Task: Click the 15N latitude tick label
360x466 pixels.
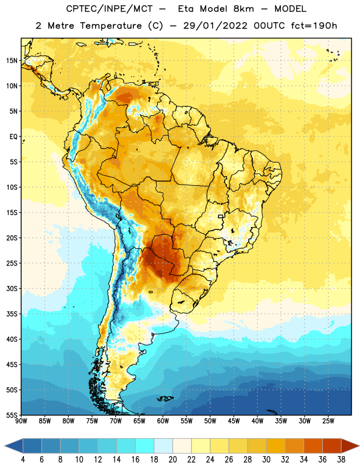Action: click(x=12, y=61)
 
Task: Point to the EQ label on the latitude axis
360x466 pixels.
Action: click(x=13, y=137)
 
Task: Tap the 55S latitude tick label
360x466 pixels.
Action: click(x=12, y=415)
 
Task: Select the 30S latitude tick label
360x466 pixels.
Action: click(x=12, y=288)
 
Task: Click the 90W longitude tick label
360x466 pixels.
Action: click(x=22, y=421)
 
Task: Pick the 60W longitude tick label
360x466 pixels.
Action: click(x=163, y=421)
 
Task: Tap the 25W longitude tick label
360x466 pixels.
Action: click(x=328, y=421)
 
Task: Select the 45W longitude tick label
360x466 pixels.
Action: click(x=234, y=421)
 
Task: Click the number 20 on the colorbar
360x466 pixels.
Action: click(x=172, y=460)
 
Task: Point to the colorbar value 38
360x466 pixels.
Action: click(x=341, y=460)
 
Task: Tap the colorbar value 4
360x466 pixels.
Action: click(x=23, y=460)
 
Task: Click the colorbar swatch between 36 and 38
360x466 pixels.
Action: click(x=332, y=446)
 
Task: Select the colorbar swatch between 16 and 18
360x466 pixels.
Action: click(x=145, y=446)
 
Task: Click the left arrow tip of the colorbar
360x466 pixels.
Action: click(x=5, y=446)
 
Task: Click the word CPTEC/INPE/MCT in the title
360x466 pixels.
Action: click(x=109, y=9)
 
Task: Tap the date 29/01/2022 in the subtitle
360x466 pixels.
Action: click(x=215, y=26)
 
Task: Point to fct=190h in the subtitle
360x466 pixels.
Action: click(x=314, y=26)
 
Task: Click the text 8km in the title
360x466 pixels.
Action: click(x=243, y=9)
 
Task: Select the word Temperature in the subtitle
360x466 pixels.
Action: click(x=111, y=26)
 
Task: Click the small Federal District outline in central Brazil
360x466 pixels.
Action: click(x=221, y=216)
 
